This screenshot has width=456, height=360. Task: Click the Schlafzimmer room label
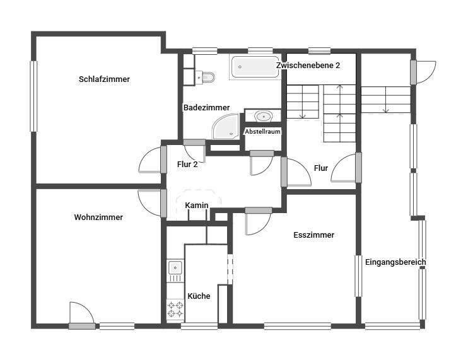tap(105, 79)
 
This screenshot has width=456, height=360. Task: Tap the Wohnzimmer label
tap(98, 218)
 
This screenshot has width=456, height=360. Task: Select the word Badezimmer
tap(207, 108)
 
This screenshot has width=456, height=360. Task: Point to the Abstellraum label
tap(262, 131)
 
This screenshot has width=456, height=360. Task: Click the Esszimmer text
tap(313, 235)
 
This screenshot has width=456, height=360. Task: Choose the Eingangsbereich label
tap(395, 262)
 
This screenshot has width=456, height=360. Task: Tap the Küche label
tap(199, 296)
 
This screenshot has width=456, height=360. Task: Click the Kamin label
tap(197, 206)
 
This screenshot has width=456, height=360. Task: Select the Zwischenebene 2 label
tap(308, 66)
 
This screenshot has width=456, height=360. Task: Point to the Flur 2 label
tap(187, 165)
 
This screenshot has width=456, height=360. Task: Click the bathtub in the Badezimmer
tap(255, 67)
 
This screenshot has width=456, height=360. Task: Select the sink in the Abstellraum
tap(262, 117)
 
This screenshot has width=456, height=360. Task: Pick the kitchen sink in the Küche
tap(175, 271)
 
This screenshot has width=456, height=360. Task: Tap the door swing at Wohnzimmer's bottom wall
tap(82, 313)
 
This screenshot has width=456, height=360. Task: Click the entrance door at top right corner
tap(425, 71)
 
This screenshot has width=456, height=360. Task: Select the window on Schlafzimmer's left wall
tap(33, 95)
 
